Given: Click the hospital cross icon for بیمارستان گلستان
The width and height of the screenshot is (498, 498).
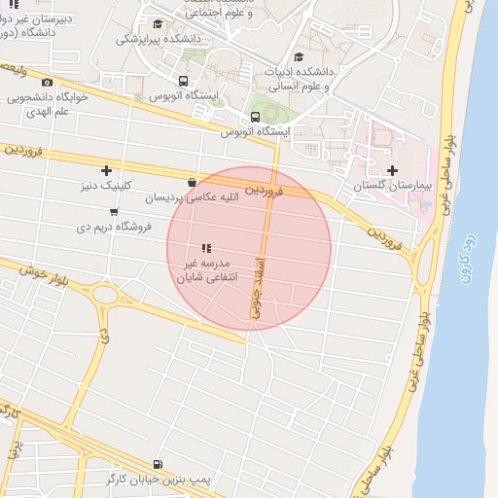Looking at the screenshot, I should (x=392, y=171).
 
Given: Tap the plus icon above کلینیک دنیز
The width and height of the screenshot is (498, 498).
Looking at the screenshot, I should (x=106, y=171).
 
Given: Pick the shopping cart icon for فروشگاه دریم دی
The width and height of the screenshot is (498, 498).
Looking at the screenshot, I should (x=115, y=212).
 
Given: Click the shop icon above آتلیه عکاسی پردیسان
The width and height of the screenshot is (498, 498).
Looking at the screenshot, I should (x=193, y=182).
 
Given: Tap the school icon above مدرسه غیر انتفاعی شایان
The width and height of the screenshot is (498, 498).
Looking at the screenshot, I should (x=205, y=249).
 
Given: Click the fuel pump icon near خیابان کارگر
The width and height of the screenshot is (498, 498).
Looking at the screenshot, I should (x=159, y=465).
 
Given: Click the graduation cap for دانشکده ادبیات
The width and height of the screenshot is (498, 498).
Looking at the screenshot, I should (x=299, y=57).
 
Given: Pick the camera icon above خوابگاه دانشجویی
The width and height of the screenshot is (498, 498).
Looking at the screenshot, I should (x=48, y=83).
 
